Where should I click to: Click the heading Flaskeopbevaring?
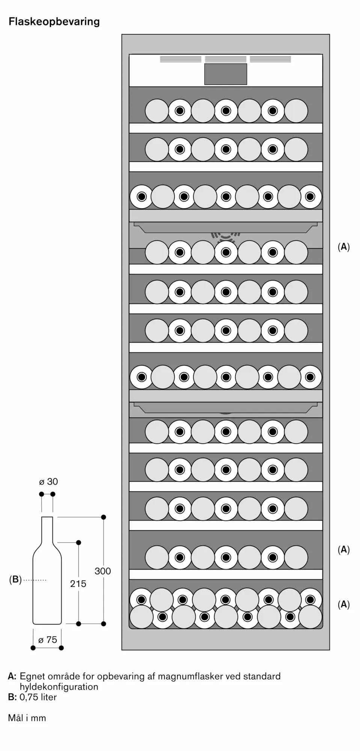(54, 22)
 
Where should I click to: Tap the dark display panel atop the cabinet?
(226, 74)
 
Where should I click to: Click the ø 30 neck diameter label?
(48, 481)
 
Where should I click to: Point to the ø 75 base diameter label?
(48, 639)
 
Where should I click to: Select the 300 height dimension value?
(102, 571)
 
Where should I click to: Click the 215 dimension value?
(78, 584)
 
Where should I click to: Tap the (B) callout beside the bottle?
(15, 579)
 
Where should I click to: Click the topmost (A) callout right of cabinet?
(343, 247)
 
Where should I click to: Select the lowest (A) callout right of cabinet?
(343, 604)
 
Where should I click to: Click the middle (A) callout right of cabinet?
(343, 550)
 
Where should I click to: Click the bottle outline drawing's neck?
(47, 529)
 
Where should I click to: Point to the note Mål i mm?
(27, 718)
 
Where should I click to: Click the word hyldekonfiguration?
(59, 686)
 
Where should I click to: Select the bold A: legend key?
(12, 676)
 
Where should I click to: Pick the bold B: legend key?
(12, 697)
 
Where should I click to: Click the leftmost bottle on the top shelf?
(157, 111)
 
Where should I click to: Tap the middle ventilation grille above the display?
(226, 59)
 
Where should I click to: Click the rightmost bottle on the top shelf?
(296, 111)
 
